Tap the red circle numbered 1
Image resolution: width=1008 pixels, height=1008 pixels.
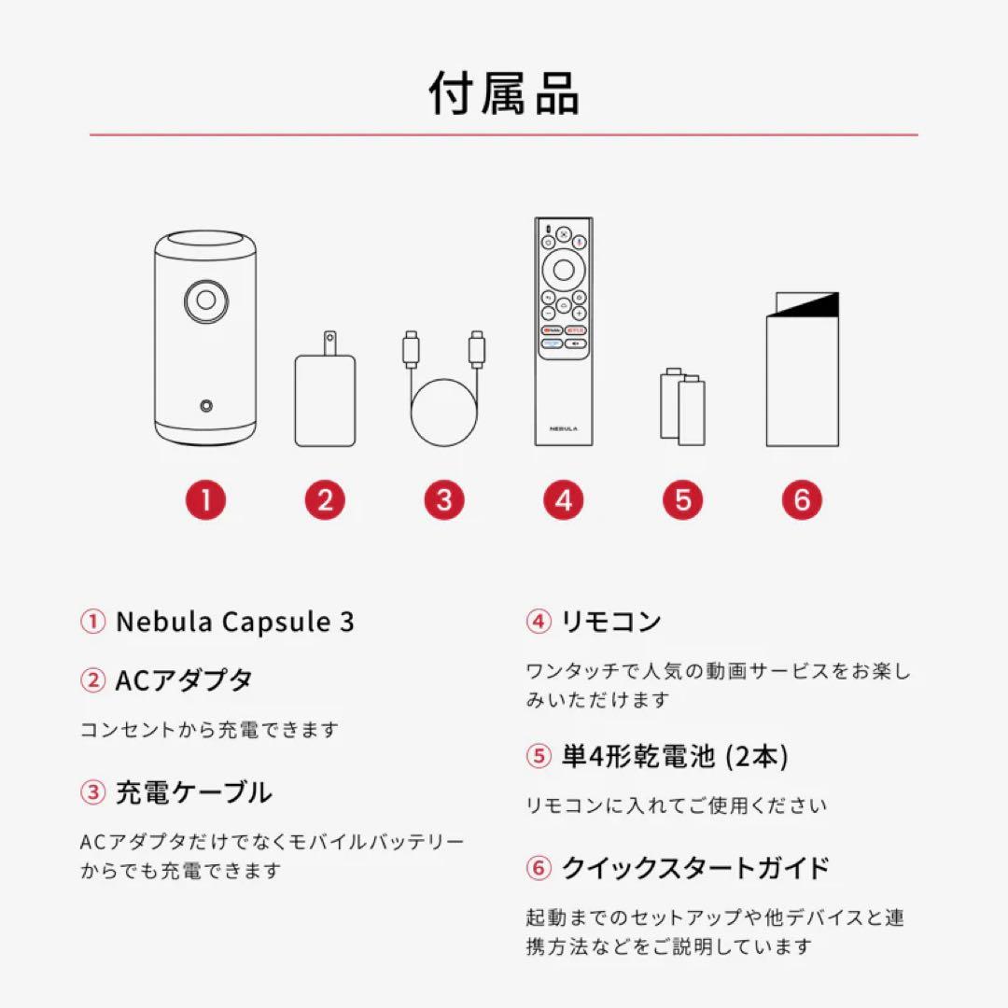pos(205,501)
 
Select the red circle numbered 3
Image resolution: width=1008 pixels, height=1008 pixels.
pos(443,501)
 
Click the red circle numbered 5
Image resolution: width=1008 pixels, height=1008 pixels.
pos(682,501)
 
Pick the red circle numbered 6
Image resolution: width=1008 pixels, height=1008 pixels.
pos(802,501)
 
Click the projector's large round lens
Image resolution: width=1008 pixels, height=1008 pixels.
pos(205,301)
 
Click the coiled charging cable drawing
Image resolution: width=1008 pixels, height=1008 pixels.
pos(443,392)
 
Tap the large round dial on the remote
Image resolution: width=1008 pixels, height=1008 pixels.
pos(563,270)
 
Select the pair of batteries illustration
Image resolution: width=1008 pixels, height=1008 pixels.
pos(682,406)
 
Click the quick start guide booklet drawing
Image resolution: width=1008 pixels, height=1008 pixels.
pos(802,371)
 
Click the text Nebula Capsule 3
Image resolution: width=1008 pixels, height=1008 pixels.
pos(234,623)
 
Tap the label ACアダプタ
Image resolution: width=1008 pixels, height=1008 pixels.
pos(183,680)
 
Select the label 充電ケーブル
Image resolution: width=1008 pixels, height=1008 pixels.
pos(193,793)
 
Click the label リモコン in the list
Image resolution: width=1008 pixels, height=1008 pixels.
pos(610,622)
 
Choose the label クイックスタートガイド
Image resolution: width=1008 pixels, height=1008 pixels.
pos(694,868)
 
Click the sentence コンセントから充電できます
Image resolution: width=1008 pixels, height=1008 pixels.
pos(210,730)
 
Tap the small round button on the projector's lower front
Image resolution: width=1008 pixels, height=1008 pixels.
pos(205,406)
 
